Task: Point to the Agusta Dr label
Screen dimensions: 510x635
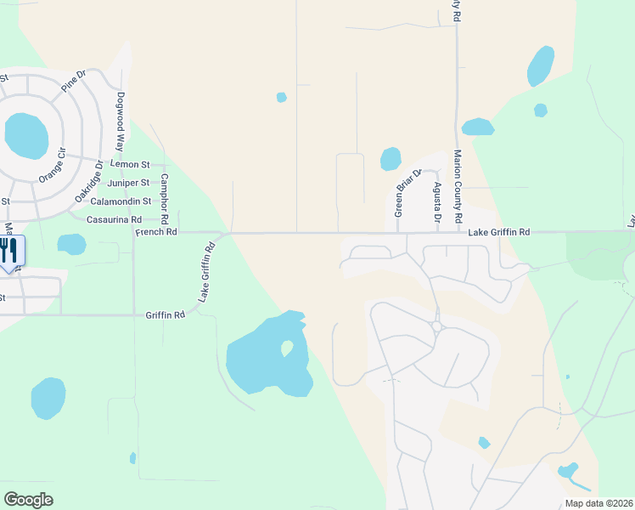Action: point(437,203)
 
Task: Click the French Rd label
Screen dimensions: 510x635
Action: point(155,231)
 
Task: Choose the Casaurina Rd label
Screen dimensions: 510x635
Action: point(114,219)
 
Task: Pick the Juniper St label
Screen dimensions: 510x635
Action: point(128,183)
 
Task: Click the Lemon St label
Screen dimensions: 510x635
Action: point(130,164)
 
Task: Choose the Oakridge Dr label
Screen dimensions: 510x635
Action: point(87,181)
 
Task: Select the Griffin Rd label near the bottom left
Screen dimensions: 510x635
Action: point(165,314)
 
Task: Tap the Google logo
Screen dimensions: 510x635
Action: point(28,500)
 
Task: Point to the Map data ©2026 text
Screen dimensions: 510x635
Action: point(598,503)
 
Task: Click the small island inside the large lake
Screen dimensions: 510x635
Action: point(287,348)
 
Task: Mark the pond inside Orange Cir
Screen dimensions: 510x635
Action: point(26,135)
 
